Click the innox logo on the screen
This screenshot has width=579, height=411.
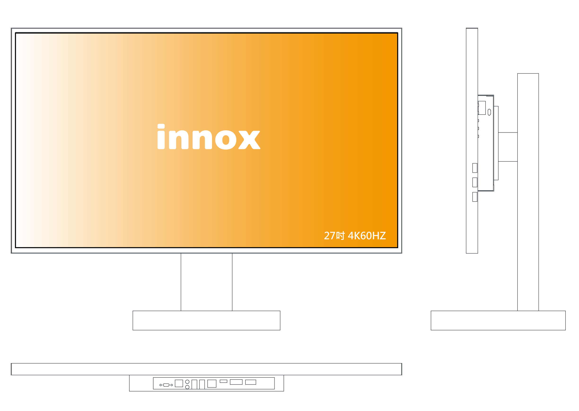(209, 137)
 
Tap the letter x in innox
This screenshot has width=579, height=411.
(249, 140)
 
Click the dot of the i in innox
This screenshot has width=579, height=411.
(161, 126)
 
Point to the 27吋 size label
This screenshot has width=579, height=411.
(334, 236)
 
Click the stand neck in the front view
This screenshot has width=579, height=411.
(206, 282)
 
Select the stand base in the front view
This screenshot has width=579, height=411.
(206, 320)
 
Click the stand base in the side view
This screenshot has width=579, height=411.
(498, 320)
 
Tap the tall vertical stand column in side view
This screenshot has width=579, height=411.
(528, 192)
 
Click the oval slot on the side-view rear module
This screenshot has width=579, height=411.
(489, 112)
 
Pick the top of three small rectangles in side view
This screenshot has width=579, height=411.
(475, 168)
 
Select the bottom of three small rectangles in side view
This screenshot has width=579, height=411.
(475, 197)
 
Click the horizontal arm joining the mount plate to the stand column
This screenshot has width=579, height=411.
(508, 147)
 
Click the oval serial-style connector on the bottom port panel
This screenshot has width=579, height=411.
(166, 385)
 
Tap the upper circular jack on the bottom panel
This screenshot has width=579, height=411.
(187, 382)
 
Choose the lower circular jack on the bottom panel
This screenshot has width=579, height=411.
(187, 387)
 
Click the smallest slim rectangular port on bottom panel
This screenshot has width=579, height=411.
(223, 381)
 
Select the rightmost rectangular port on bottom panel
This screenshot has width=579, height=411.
(250, 382)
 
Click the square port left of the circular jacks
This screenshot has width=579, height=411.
(179, 383)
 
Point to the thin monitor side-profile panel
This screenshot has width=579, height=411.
(472, 141)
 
